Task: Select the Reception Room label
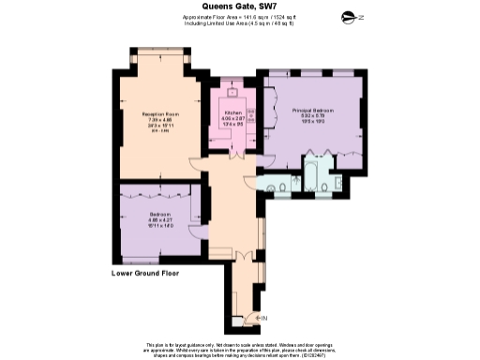160,113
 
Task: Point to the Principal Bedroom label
312,110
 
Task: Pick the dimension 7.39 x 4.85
160,120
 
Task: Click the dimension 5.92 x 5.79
312,116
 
